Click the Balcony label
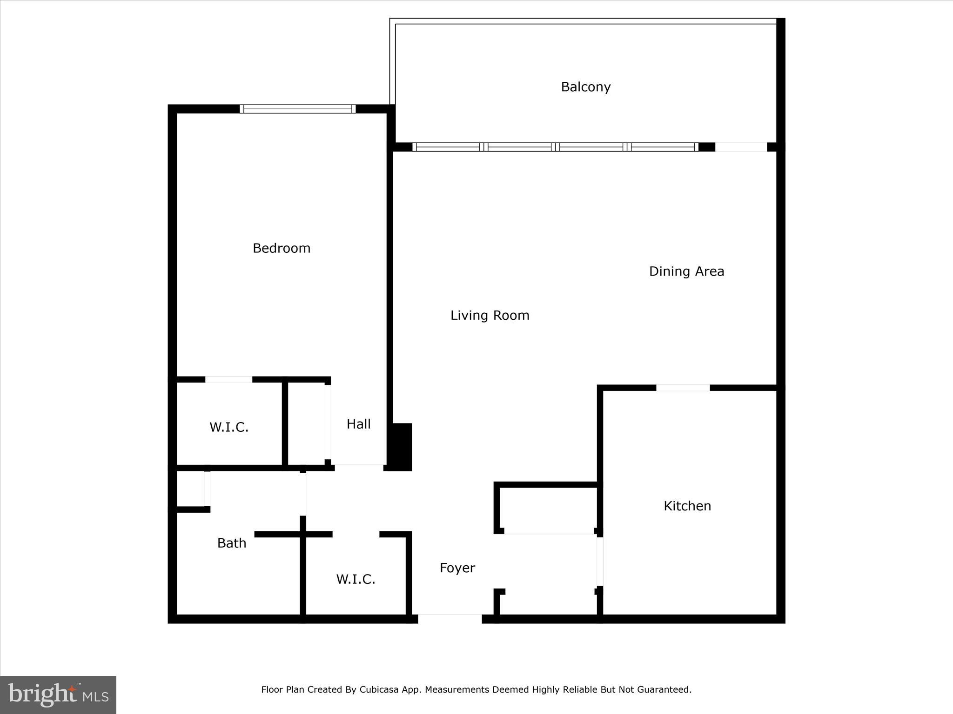(585, 87)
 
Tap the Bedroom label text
(281, 248)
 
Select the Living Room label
(490, 316)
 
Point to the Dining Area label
(686, 271)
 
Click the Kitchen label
(687, 506)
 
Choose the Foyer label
(457, 568)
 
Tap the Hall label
(358, 424)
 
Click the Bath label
(231, 543)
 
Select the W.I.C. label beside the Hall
(228, 427)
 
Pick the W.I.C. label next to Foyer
(356, 579)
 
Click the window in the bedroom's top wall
(298, 109)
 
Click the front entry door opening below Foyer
(450, 618)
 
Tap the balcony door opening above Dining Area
(741, 147)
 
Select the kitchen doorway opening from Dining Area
(683, 388)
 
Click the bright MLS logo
(58, 694)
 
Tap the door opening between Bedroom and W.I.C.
(228, 380)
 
